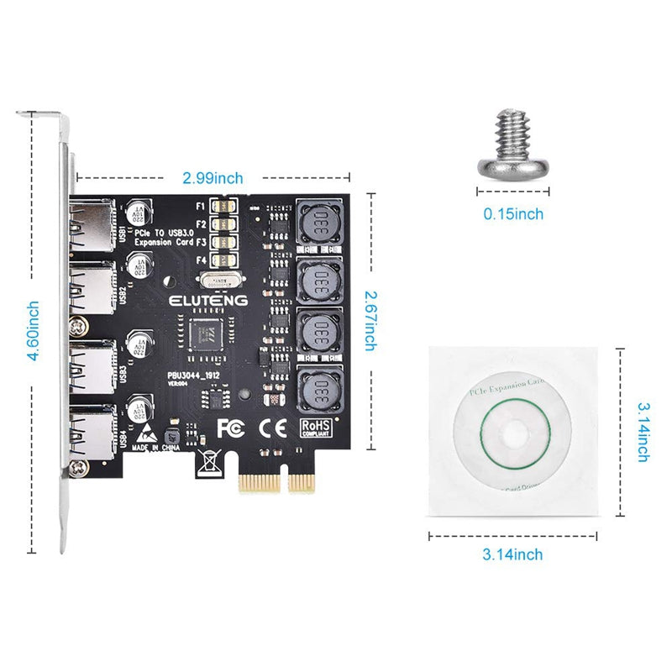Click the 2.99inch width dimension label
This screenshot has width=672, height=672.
(x=213, y=178)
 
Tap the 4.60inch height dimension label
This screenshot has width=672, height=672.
(x=32, y=332)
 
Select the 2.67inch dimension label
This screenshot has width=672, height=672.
(x=370, y=320)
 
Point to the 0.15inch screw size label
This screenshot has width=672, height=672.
(x=512, y=214)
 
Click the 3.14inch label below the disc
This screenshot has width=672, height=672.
(x=512, y=554)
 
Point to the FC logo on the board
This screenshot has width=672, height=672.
(x=231, y=428)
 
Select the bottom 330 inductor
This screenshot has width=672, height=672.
(x=318, y=388)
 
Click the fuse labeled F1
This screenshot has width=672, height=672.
(x=224, y=206)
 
